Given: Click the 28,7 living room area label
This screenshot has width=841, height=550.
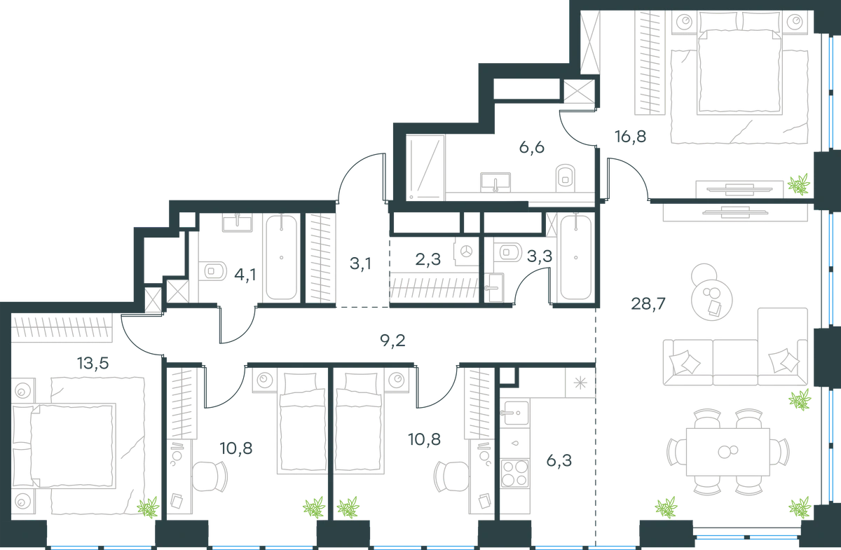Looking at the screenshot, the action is [x=648, y=303].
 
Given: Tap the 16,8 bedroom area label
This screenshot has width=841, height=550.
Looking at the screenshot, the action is [x=630, y=137].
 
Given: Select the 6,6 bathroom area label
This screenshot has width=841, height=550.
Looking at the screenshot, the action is [x=532, y=148].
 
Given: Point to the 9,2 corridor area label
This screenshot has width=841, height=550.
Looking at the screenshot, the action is [x=392, y=341].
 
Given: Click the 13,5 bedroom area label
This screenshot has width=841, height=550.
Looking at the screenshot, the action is [x=93, y=363].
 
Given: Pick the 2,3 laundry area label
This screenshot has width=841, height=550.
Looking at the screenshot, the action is [x=428, y=259].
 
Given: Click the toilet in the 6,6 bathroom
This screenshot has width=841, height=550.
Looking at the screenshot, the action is [x=565, y=178].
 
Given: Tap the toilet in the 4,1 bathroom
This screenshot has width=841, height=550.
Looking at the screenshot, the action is [x=212, y=271].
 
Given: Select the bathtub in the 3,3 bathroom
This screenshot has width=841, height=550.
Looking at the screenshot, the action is [x=575, y=257].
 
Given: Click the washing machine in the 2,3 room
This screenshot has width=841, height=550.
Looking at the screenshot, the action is [x=466, y=252].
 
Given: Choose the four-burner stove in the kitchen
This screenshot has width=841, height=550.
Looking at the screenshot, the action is [x=514, y=474].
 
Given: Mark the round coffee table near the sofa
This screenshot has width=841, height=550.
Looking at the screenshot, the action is [x=711, y=300].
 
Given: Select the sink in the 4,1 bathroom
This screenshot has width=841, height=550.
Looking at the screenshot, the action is [x=238, y=223].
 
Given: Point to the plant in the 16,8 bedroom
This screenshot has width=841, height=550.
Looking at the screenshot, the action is [x=798, y=184].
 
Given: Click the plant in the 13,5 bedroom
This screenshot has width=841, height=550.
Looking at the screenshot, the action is [x=149, y=507].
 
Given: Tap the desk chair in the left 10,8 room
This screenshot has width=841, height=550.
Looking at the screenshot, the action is [x=210, y=476].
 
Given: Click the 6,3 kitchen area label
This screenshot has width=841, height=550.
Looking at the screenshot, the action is [x=559, y=460].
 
